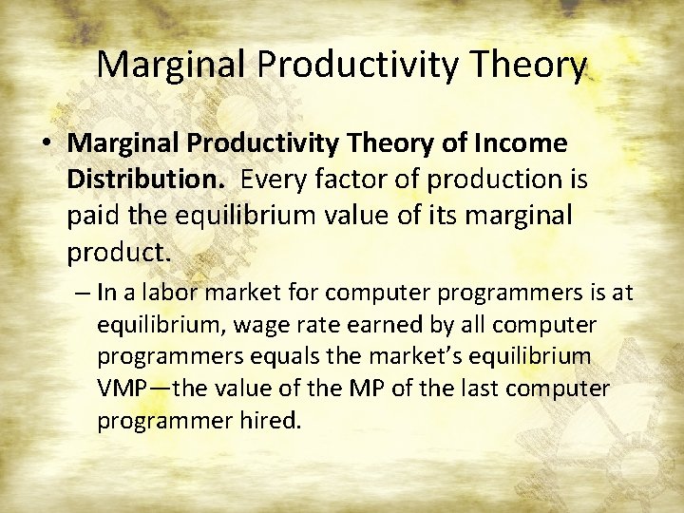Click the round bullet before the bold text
tap(47, 144)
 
